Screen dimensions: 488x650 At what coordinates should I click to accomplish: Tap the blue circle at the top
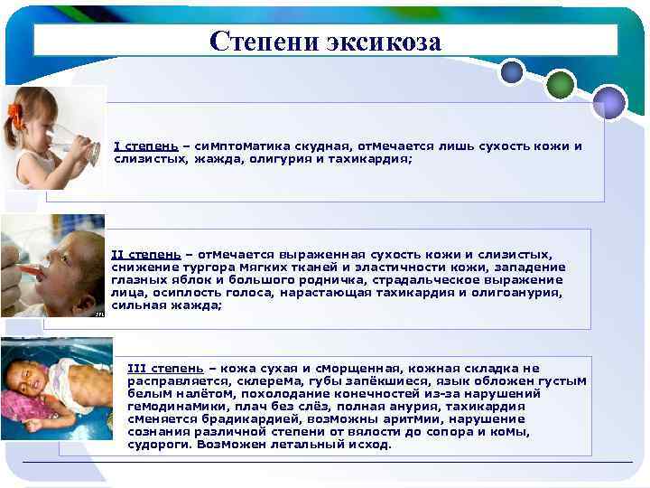512,70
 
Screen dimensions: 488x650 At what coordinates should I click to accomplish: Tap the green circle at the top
561,84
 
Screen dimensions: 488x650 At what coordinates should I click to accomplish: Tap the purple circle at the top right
609,102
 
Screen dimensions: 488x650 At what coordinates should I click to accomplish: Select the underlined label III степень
165,369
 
